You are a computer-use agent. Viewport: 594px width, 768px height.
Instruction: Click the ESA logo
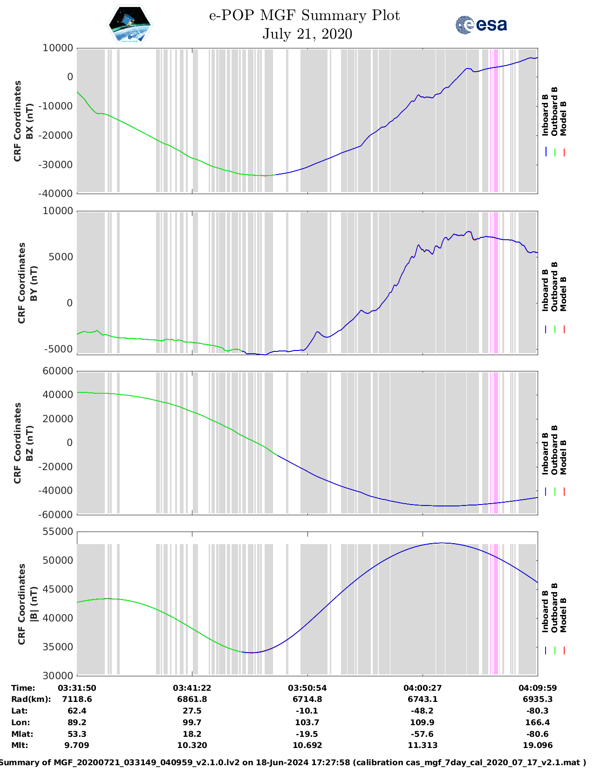pos(481,25)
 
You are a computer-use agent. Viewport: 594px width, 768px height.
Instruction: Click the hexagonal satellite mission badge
pos(130,25)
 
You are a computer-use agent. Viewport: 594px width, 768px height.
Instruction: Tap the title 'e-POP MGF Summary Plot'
pos(304,15)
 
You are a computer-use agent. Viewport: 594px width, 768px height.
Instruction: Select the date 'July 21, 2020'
pos(307,34)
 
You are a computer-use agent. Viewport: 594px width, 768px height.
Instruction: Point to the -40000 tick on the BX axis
pos(58,194)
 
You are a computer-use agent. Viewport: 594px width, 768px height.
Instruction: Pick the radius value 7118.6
pos(77,699)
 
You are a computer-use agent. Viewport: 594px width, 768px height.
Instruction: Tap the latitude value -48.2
pos(422,711)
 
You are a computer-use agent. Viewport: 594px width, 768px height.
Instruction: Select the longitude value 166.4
pos(538,722)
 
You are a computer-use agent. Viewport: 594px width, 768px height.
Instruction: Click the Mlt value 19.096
pos(538,745)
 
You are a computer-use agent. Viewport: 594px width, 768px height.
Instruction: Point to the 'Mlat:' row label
pos(21,734)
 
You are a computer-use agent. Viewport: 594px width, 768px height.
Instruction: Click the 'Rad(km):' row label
pos(31,699)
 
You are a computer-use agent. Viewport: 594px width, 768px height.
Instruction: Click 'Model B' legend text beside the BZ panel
pos(563,457)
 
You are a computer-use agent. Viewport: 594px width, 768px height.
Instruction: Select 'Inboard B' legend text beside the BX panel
pos(546,115)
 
